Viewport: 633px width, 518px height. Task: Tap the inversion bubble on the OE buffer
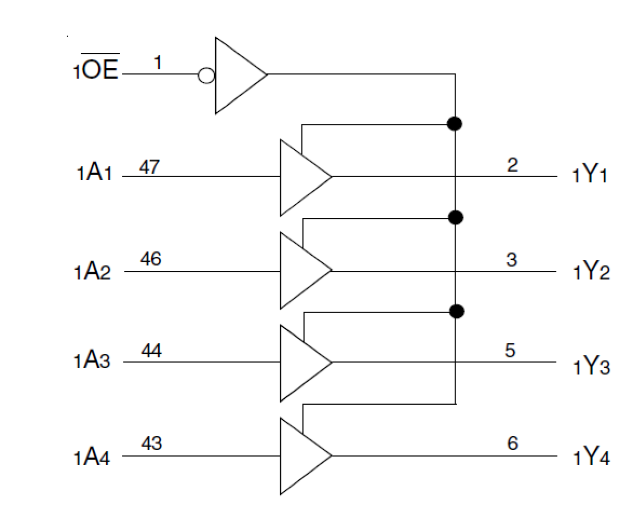206,76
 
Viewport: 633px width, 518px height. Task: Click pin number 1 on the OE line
158,63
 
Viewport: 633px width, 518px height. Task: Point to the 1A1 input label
94,173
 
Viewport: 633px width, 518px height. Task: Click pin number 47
149,167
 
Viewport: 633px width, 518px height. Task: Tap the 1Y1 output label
590,175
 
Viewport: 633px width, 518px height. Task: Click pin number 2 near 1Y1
512,165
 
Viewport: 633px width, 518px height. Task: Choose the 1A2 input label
92,272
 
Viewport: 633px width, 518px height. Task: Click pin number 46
150,259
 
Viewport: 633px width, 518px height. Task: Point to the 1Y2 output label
591,272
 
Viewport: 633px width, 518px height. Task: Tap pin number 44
151,350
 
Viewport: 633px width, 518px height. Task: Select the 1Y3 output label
591,366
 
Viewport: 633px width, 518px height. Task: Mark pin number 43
151,443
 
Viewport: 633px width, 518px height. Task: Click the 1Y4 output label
591,458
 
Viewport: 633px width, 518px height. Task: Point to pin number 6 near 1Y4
513,443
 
